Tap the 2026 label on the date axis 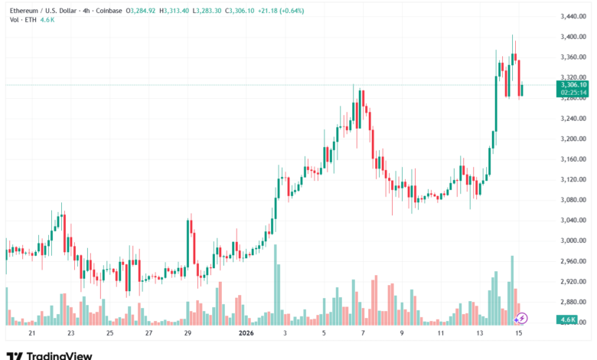[246, 334]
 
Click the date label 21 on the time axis [31, 334]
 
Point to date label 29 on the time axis [188, 334]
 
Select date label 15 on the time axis [518, 334]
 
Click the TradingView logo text [60, 355]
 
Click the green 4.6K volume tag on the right [566, 319]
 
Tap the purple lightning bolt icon [522, 318]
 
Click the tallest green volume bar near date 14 [512, 290]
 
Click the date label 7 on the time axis [363, 334]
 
